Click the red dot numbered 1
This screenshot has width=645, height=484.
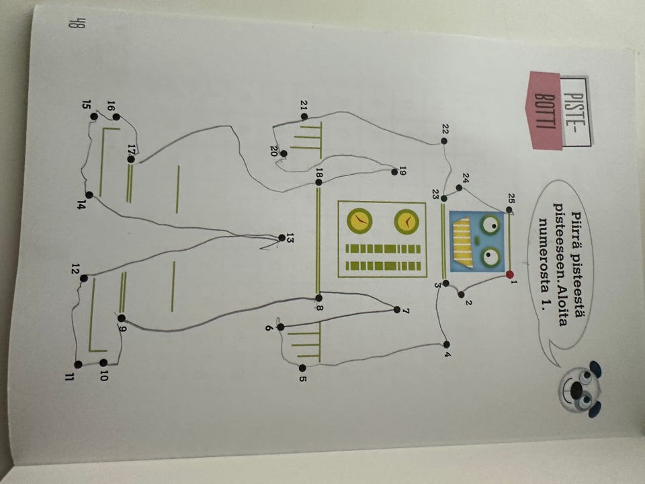point(510,274)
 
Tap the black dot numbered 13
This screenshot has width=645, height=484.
point(282,237)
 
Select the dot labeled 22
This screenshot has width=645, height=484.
point(444,140)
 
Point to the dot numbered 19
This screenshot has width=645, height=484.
point(395,172)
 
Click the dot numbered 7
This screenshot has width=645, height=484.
point(397,309)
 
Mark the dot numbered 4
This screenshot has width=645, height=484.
point(447,344)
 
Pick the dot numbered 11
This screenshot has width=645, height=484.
point(78,364)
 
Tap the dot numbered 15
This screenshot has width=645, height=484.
point(94,116)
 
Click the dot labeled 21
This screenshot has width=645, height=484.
point(304,116)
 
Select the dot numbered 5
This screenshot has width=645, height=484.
point(302,368)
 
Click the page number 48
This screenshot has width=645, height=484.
point(74,24)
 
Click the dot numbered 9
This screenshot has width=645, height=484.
point(122,318)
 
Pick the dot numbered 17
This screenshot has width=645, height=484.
point(131,159)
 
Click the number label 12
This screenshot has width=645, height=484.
point(75,269)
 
